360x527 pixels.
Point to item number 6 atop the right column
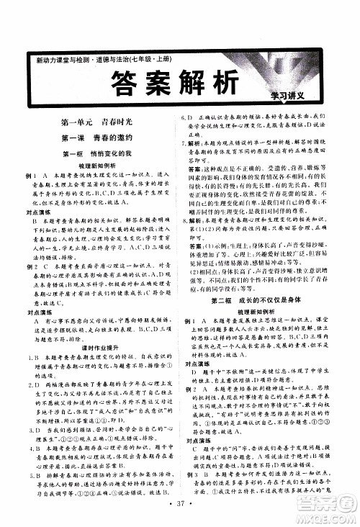coord(184,117)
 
